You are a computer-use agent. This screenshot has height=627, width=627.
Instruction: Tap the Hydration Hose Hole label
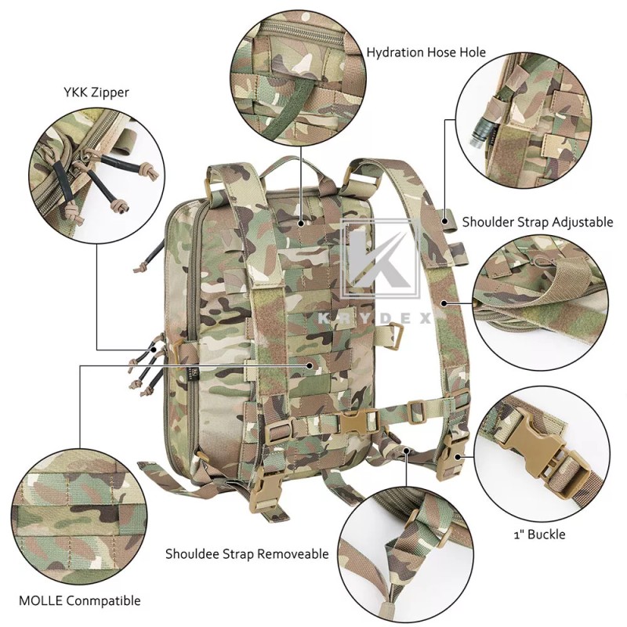(x=426, y=53)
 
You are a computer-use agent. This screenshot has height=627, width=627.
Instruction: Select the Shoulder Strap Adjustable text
(x=537, y=222)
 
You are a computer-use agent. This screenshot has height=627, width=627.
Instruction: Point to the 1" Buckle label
(x=539, y=535)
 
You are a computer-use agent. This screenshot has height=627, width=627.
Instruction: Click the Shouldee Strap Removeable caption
(x=246, y=553)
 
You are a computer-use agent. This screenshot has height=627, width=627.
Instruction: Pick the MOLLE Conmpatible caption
(x=82, y=600)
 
